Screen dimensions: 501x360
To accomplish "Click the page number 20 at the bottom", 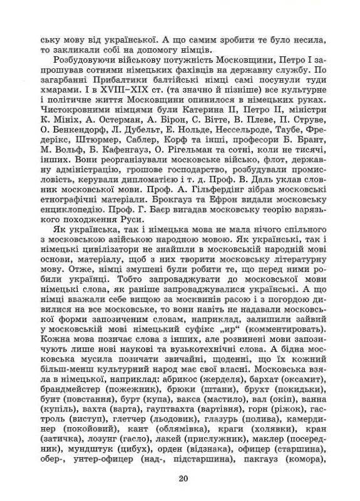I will [182, 479].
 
